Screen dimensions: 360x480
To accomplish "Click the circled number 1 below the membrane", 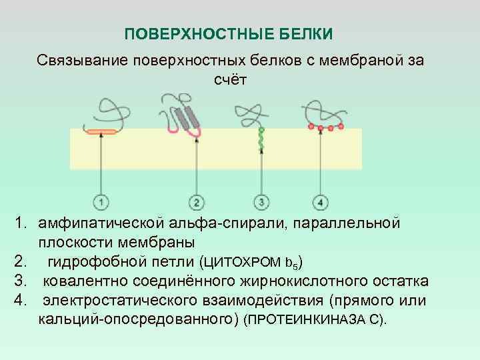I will [x=101, y=201].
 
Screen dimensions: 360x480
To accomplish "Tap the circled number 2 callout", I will [x=196, y=201].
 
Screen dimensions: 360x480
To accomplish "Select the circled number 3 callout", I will [x=261, y=201].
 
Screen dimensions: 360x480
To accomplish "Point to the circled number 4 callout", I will [x=321, y=201].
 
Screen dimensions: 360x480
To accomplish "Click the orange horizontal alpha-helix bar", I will [x=101, y=131].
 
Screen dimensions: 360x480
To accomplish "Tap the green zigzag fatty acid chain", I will [x=262, y=140].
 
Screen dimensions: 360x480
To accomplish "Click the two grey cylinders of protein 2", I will [x=187, y=117].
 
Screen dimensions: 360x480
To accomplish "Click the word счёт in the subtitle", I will [x=230, y=80].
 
